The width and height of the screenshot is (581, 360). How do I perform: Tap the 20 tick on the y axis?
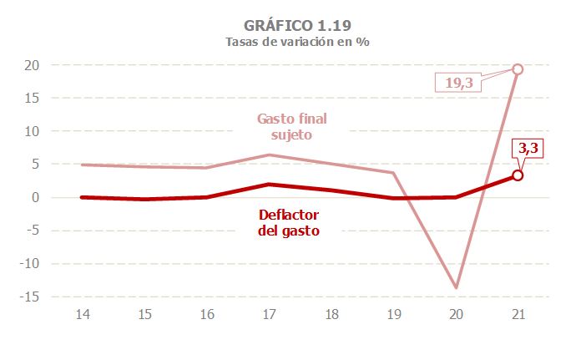point(32,65)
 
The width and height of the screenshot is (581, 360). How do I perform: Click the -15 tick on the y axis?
point(29,297)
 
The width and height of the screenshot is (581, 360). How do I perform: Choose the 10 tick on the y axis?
point(32,131)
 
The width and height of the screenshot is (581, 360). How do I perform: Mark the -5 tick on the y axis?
point(32,231)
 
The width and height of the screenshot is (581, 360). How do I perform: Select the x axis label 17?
point(269,315)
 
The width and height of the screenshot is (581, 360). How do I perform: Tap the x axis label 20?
point(456,315)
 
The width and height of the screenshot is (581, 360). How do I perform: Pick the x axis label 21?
point(518,315)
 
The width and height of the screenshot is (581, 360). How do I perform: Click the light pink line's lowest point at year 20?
point(456,288)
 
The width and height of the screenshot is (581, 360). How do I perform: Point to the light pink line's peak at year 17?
point(269,155)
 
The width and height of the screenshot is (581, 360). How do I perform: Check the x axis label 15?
point(145,315)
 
